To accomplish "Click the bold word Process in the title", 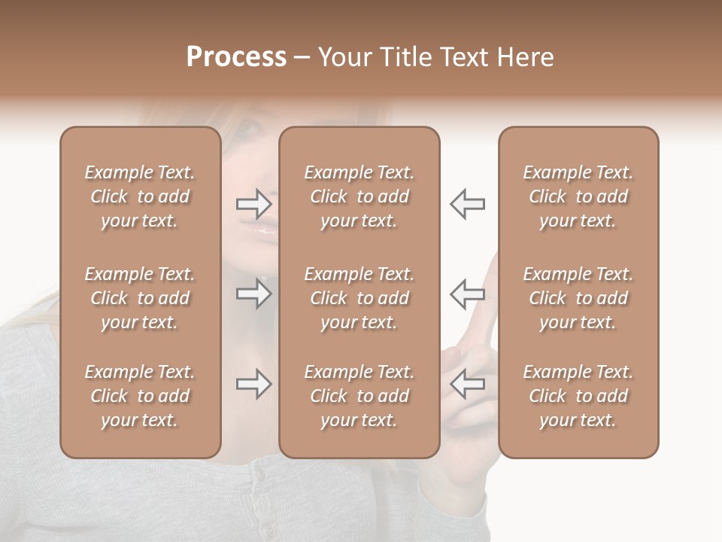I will pyautogui.click(x=236, y=57).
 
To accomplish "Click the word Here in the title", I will pyautogui.click(x=524, y=57).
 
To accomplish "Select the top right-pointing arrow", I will pyautogui.click(x=253, y=203).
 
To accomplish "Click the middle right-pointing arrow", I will pyautogui.click(x=253, y=293).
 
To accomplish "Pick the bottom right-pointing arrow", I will pyautogui.click(x=253, y=384).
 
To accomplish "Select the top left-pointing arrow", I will pyautogui.click(x=467, y=203).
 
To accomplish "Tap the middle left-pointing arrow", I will pyautogui.click(x=467, y=293).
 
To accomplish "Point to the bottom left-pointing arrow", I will pyautogui.click(x=467, y=384).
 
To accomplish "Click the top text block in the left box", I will pyautogui.click(x=140, y=196).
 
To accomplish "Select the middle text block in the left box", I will pyautogui.click(x=140, y=298).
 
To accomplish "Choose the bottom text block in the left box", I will pyautogui.click(x=140, y=396).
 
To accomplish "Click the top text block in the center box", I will pyautogui.click(x=359, y=196).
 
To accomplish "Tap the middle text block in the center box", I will pyautogui.click(x=359, y=298).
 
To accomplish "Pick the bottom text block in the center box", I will pyautogui.click(x=359, y=396).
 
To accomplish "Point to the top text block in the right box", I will pyautogui.click(x=578, y=196).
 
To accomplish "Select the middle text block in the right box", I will pyautogui.click(x=578, y=298).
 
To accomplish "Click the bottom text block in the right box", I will pyautogui.click(x=578, y=396).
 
